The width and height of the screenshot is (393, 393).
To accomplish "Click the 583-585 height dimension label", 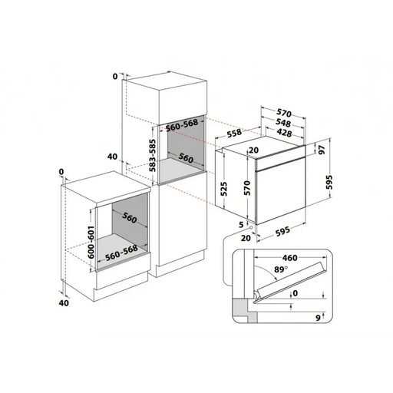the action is [153, 155].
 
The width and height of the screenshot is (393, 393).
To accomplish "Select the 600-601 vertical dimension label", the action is [91, 242].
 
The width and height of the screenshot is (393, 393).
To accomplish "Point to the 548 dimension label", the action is [283, 123].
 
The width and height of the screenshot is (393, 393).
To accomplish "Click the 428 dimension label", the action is [284, 132].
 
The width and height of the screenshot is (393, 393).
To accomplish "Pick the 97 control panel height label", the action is [322, 150].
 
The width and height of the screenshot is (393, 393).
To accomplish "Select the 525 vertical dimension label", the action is [224, 189].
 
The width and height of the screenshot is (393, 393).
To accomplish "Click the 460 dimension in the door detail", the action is [290, 258].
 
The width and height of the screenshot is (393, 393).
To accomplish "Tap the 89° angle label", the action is [281, 269].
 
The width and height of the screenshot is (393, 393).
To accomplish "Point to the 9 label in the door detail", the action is [318, 318].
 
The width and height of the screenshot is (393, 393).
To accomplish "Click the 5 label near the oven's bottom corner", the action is [241, 225].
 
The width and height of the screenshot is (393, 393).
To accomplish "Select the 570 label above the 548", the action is [284, 113].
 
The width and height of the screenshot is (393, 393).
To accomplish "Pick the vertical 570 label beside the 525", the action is [247, 188].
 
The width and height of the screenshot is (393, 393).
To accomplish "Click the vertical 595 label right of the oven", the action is [329, 182].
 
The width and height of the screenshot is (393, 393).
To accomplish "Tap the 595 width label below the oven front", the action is [282, 231].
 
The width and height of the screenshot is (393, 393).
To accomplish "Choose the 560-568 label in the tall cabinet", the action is [182, 125].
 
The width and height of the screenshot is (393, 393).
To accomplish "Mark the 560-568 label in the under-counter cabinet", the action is [121, 253].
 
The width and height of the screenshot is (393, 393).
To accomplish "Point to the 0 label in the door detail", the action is [296, 293].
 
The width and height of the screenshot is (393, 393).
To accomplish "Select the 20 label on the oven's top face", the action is [253, 150].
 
